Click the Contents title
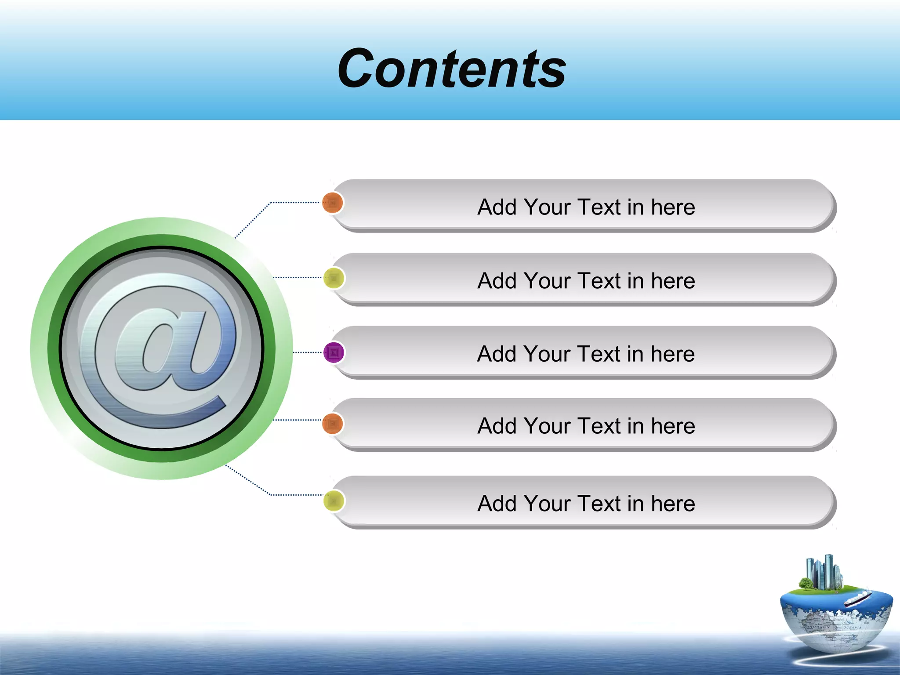point(452,69)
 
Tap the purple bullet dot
point(334,352)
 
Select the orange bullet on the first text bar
point(333,203)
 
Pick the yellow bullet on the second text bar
point(334,278)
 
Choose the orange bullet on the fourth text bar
point(333,424)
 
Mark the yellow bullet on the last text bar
point(334,501)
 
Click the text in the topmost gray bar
point(586,207)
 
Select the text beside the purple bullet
point(586,354)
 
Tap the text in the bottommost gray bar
point(586,504)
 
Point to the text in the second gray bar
point(586,281)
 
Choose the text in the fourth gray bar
point(586,426)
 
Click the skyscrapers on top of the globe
point(823,572)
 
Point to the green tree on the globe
point(806,584)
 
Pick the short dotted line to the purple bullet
point(308,352)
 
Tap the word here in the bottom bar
point(673,504)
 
